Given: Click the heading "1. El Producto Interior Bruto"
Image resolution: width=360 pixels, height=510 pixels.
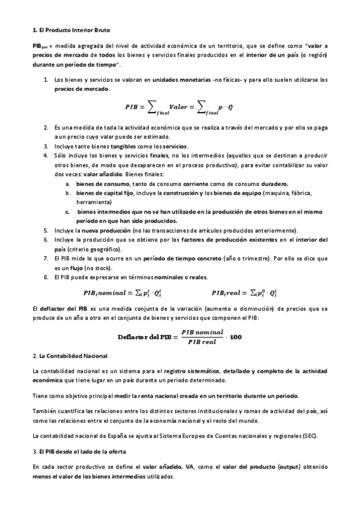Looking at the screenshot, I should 71,29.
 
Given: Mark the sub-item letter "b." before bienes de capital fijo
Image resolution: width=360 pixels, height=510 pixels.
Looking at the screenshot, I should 68,192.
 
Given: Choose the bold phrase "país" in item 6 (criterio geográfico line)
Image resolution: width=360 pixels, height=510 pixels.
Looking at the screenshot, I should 61,249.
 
